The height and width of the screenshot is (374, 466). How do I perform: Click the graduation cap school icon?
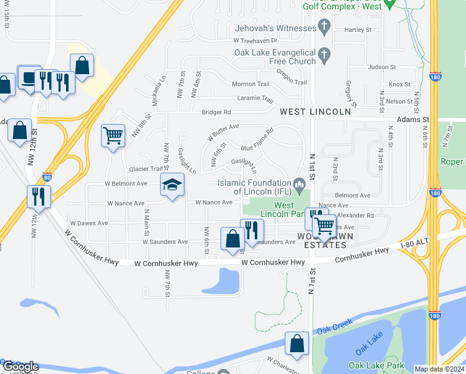click(173, 185)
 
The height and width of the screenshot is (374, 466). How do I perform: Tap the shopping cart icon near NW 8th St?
click(113, 135)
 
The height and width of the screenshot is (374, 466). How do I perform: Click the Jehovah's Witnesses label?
click(275, 28)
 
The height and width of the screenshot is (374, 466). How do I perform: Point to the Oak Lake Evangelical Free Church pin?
click(324, 56)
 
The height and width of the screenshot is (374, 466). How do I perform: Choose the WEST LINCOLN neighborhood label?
click(315, 112)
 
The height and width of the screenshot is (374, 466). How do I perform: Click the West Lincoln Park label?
click(293, 210)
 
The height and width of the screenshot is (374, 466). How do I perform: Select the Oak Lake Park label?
click(376, 366)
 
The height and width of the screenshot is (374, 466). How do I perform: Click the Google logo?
click(20, 367)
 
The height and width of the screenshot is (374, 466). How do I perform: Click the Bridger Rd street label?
click(216, 112)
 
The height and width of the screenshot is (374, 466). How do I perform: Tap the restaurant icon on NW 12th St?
click(39, 196)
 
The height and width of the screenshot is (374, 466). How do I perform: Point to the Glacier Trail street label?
click(145, 169)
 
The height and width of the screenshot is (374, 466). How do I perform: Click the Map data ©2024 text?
click(439, 369)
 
